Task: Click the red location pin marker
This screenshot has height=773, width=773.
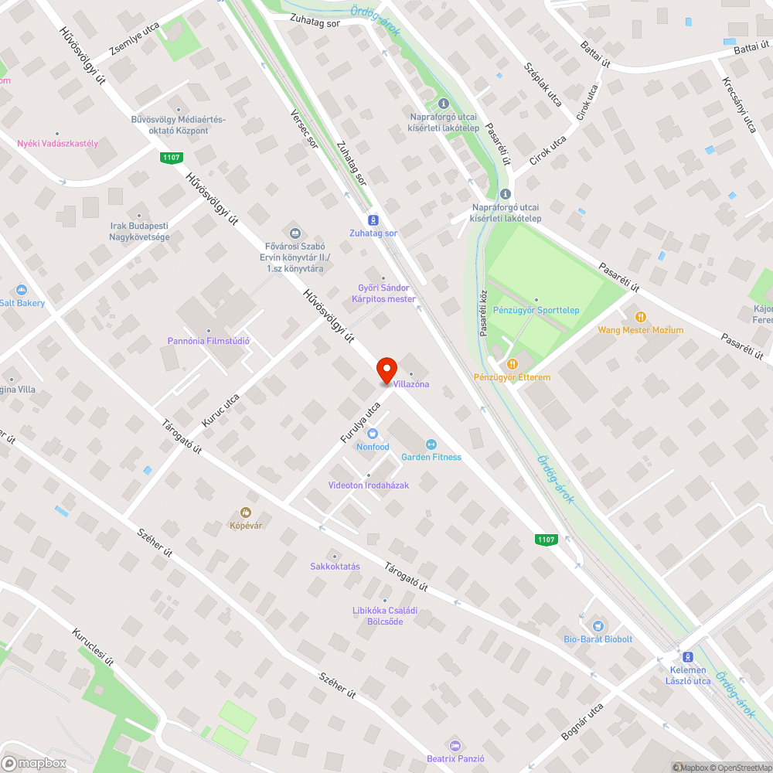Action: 386,369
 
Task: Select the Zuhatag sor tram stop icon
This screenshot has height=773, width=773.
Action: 373,220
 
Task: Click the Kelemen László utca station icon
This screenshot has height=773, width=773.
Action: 687,656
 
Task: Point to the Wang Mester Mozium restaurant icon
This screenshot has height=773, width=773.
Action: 640,317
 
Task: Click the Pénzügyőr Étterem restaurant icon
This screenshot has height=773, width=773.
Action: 512,364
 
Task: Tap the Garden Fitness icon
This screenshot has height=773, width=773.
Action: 431,444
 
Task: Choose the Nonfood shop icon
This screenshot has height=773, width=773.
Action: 373,434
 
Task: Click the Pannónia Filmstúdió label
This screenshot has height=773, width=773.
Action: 209,341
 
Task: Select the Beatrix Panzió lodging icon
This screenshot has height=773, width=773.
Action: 455,745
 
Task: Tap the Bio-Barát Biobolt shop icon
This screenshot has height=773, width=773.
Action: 598,626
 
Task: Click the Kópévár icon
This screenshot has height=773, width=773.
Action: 246,512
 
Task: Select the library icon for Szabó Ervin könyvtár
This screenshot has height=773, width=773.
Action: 295,233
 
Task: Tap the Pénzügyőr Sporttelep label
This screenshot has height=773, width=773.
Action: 536,310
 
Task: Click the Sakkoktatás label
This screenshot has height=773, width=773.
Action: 335,566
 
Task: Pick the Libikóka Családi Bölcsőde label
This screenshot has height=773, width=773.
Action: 385,615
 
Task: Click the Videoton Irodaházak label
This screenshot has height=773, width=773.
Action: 369,485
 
